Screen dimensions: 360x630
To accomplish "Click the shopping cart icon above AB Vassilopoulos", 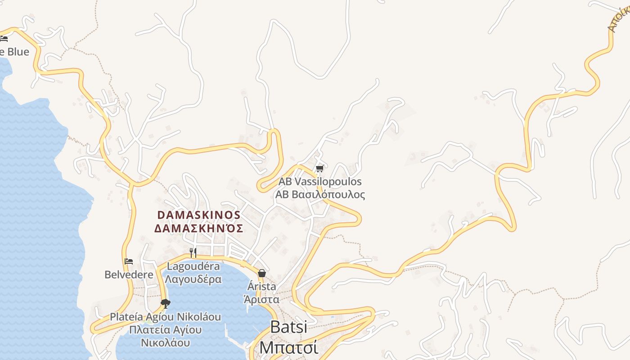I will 319,169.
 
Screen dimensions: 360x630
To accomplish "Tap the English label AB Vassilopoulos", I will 320,182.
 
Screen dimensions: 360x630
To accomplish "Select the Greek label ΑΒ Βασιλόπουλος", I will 320,195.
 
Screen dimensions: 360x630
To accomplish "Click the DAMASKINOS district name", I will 199,215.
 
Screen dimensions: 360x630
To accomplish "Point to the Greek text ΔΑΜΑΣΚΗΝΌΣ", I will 199,229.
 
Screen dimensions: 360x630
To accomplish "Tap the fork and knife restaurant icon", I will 193,252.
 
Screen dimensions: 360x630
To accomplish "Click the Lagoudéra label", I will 193,266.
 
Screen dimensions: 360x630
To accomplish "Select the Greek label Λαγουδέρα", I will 193,279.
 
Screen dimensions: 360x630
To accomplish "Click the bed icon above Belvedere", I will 129,261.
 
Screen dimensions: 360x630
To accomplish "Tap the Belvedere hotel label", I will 129,274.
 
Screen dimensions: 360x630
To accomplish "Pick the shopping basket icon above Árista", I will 262,273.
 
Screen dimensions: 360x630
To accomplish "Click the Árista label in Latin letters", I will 262,286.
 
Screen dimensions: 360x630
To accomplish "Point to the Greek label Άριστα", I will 261,299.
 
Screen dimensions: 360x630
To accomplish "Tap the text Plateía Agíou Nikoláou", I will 166,317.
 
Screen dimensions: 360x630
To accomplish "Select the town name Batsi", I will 288,327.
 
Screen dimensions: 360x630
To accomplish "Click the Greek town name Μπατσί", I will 288,347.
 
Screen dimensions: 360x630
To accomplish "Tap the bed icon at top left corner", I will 4,39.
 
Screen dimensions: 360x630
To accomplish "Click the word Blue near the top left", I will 18,52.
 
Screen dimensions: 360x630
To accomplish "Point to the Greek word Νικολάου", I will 165,343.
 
